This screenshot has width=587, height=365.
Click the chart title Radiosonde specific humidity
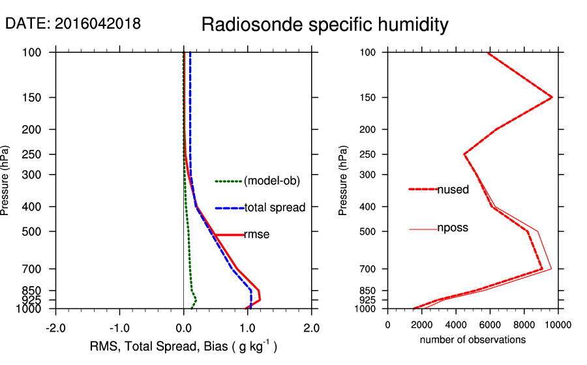click(x=325, y=25)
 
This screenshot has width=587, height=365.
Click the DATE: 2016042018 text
click(x=73, y=24)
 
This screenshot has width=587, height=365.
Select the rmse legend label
click(x=257, y=235)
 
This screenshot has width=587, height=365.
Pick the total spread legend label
click(x=275, y=208)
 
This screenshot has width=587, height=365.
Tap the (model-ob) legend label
click(x=272, y=181)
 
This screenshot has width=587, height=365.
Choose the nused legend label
click(x=453, y=190)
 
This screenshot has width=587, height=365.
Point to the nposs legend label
click(x=453, y=228)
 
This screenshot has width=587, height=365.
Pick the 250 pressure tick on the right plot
click(x=370, y=154)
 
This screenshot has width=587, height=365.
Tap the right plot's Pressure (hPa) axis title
click(x=343, y=180)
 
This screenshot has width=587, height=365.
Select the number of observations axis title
click(x=473, y=340)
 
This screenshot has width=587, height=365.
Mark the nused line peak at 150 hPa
click(x=552, y=97)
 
